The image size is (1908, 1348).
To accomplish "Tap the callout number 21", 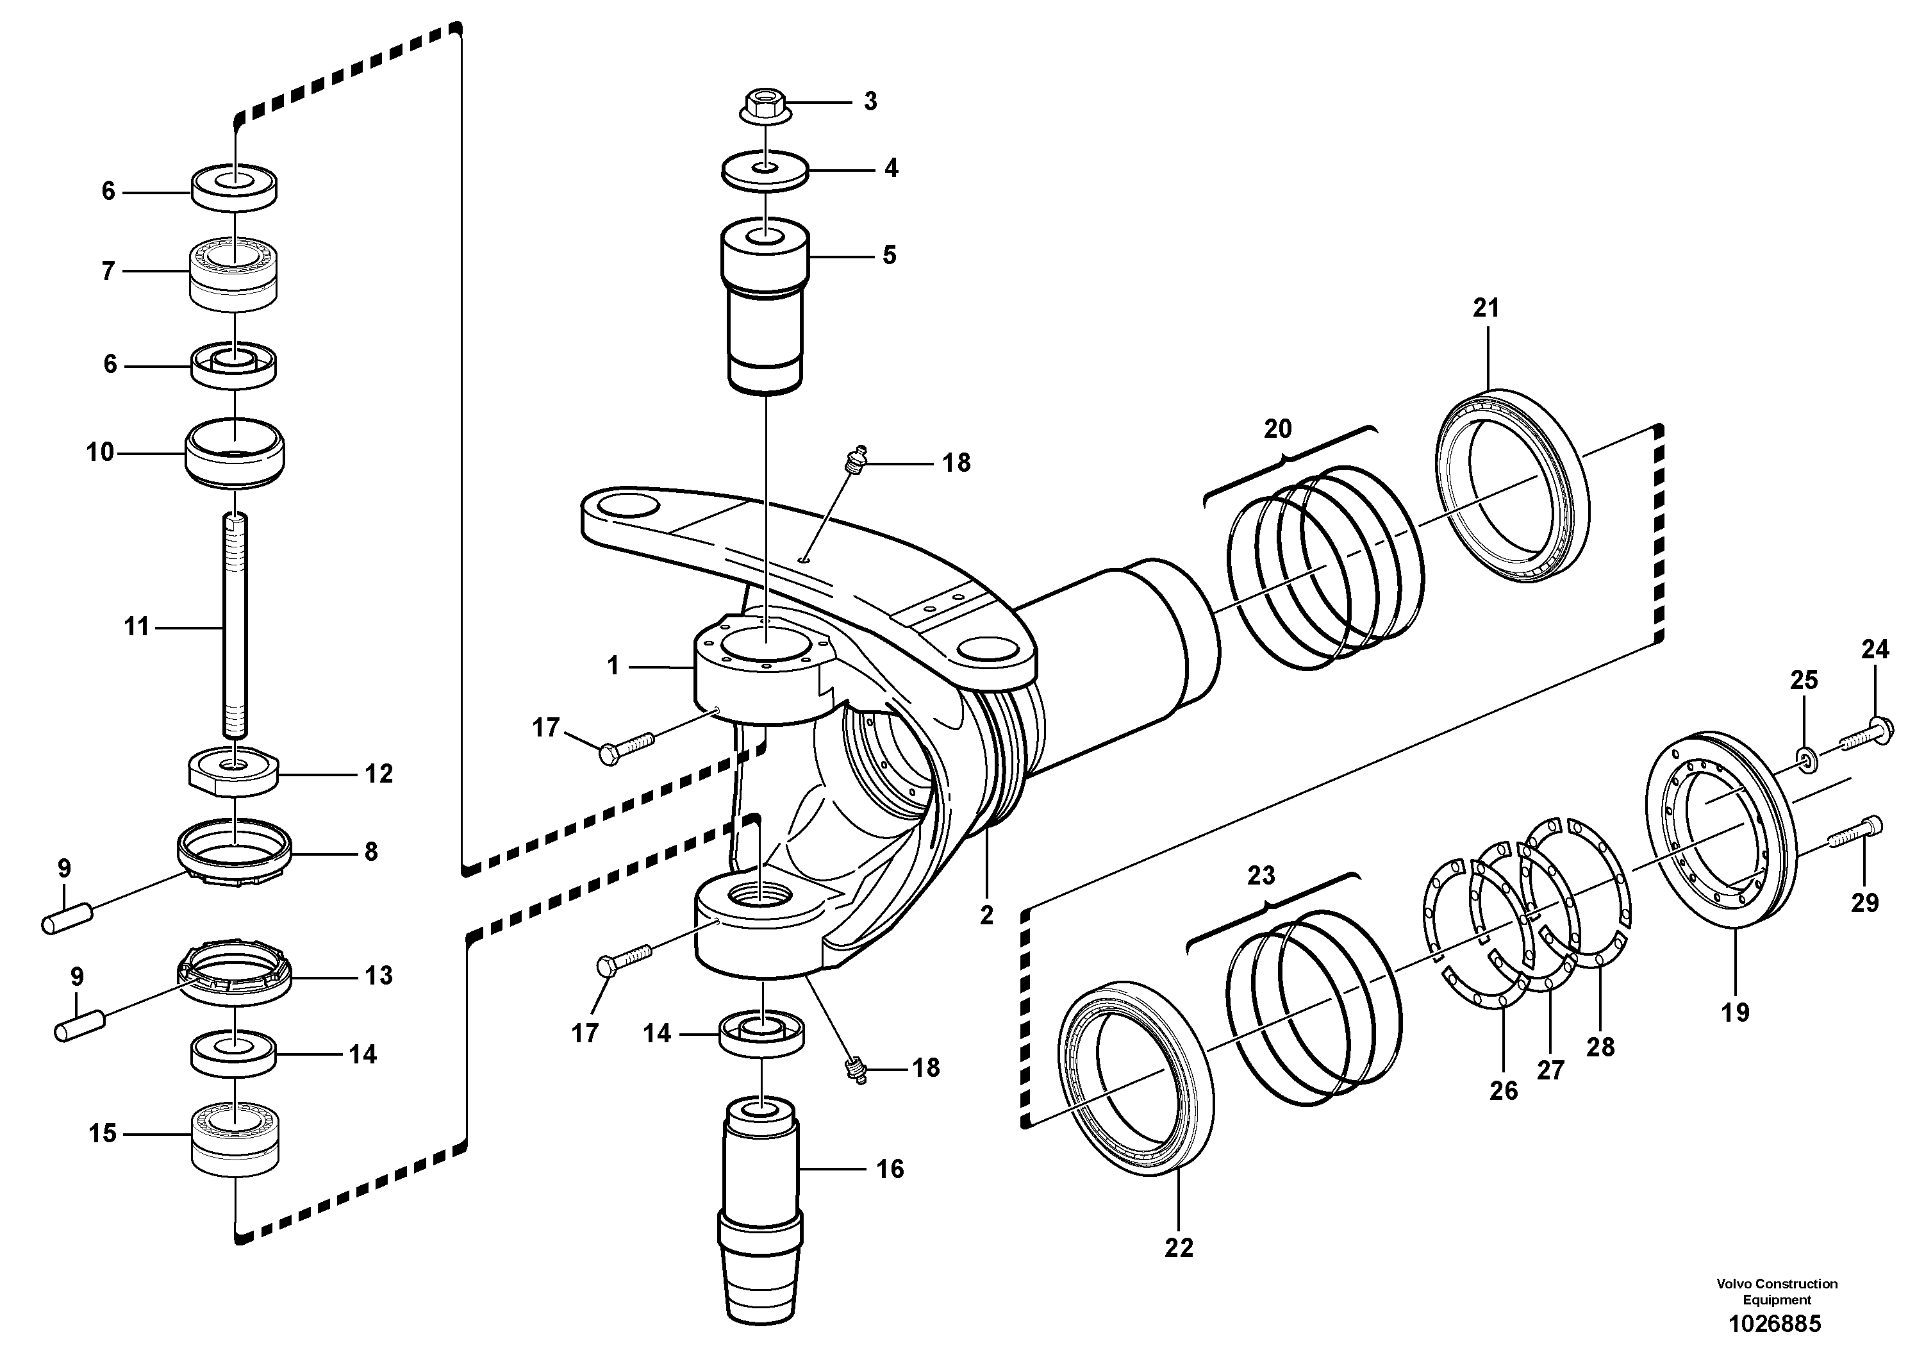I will [x=1486, y=308].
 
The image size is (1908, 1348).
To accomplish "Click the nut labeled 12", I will [x=235, y=773].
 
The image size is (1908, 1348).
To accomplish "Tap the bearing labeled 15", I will [x=235, y=1138].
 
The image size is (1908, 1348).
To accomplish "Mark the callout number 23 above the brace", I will [x=1261, y=876].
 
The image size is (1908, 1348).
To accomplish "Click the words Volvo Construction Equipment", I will [x=1777, y=1291].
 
